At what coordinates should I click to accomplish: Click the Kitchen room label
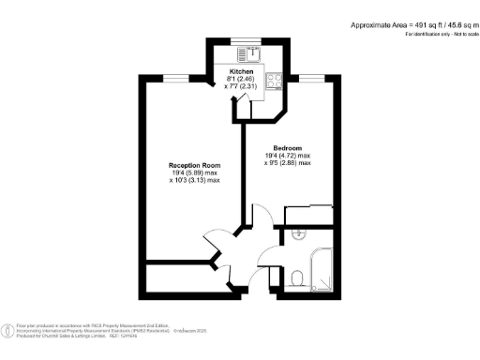tap(242, 71)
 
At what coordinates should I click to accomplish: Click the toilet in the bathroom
tap(296, 277)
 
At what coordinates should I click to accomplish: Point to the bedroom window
tap(311, 79)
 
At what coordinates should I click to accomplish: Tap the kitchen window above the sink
tap(247, 40)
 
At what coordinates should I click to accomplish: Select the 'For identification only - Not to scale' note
tap(440, 35)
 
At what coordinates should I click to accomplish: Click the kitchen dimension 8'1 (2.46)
tap(242, 79)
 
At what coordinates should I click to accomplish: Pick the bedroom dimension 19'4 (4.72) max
tap(292, 156)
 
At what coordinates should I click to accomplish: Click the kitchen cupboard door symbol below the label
tap(244, 108)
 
